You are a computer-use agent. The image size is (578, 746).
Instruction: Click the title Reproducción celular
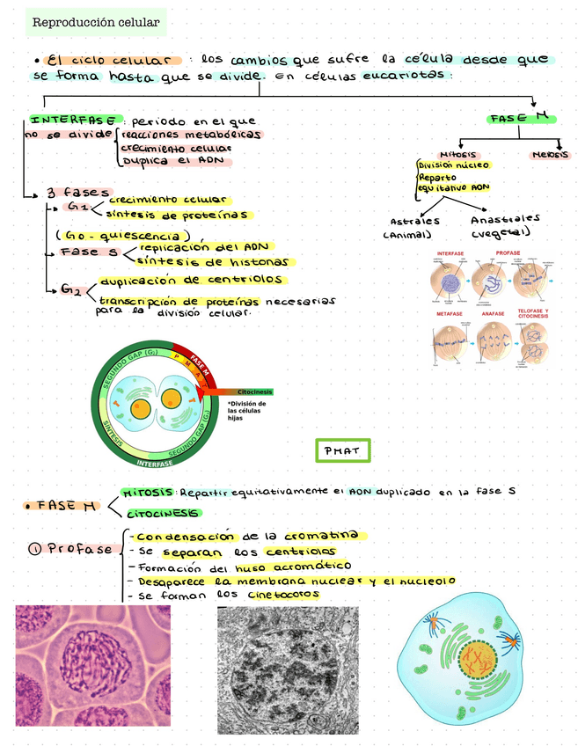point(95,21)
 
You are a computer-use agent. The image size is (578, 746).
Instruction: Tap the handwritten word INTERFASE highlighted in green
point(77,119)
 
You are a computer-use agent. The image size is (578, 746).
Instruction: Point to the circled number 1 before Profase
point(35,549)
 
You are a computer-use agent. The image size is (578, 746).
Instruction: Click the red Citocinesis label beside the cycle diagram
point(254,391)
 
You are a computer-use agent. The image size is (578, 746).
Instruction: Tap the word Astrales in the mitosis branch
point(415,221)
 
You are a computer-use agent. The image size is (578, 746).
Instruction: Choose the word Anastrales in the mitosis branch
point(505,219)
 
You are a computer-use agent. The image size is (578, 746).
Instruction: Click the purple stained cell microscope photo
point(92,665)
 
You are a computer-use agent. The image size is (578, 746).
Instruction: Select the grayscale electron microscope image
point(287,669)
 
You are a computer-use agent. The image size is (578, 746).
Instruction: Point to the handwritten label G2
point(72,291)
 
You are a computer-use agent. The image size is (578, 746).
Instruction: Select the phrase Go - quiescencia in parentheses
point(122,235)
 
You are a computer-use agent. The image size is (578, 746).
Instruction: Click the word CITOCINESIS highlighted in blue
point(164,513)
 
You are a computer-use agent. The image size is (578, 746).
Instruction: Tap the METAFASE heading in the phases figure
point(450,313)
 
